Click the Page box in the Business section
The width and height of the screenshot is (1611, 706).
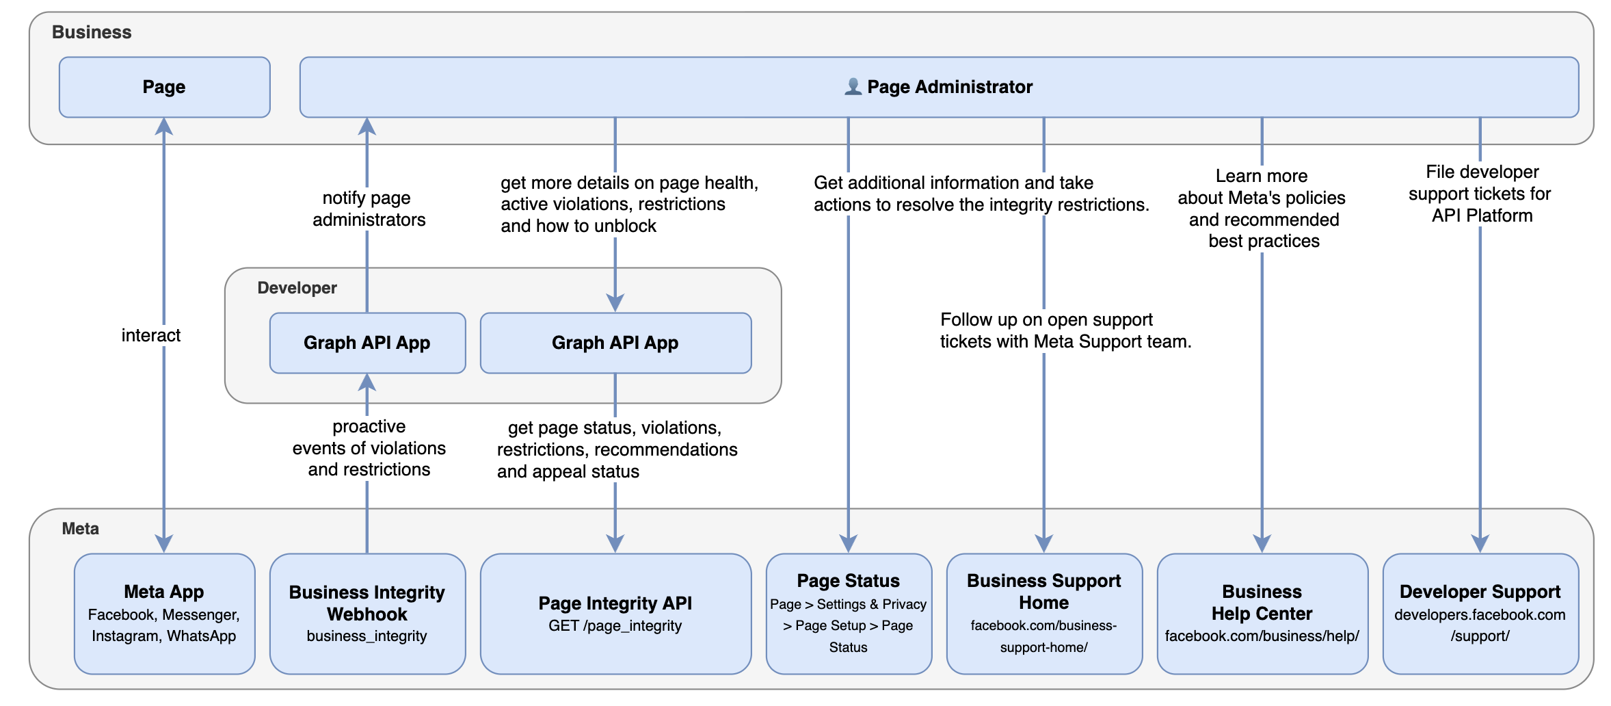pyautogui.click(x=164, y=87)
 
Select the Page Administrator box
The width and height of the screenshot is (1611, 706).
pyautogui.click(x=939, y=87)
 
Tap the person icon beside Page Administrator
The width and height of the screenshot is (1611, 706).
pyautogui.click(x=853, y=86)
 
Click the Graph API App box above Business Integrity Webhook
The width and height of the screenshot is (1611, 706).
pyautogui.click(x=367, y=343)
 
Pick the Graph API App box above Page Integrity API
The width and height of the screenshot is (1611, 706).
pyautogui.click(x=615, y=343)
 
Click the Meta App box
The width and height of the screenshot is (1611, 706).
pyautogui.click(x=164, y=614)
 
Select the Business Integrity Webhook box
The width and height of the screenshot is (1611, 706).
pyautogui.click(x=367, y=614)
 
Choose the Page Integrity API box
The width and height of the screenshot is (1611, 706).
pyautogui.click(x=615, y=614)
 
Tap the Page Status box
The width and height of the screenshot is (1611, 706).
pyautogui.click(x=849, y=614)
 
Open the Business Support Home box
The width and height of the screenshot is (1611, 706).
pyautogui.click(x=1044, y=614)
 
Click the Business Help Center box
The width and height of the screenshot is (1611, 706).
pyautogui.click(x=1262, y=614)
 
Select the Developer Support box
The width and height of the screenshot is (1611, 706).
pyautogui.click(x=1480, y=614)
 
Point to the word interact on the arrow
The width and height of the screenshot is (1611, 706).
pyautogui.click(x=151, y=335)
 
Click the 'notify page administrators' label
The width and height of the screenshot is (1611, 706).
pyautogui.click(x=369, y=209)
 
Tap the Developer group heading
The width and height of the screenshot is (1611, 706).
pyautogui.click(x=297, y=288)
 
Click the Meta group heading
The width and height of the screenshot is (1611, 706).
pyautogui.click(x=80, y=529)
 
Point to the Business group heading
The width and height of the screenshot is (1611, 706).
pyautogui.click(x=92, y=32)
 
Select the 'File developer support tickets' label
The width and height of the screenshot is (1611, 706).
pyautogui.click(x=1480, y=194)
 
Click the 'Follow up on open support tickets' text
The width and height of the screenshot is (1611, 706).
pyautogui.click(x=1065, y=330)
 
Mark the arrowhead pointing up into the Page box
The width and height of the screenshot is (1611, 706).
pyautogui.click(x=164, y=126)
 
